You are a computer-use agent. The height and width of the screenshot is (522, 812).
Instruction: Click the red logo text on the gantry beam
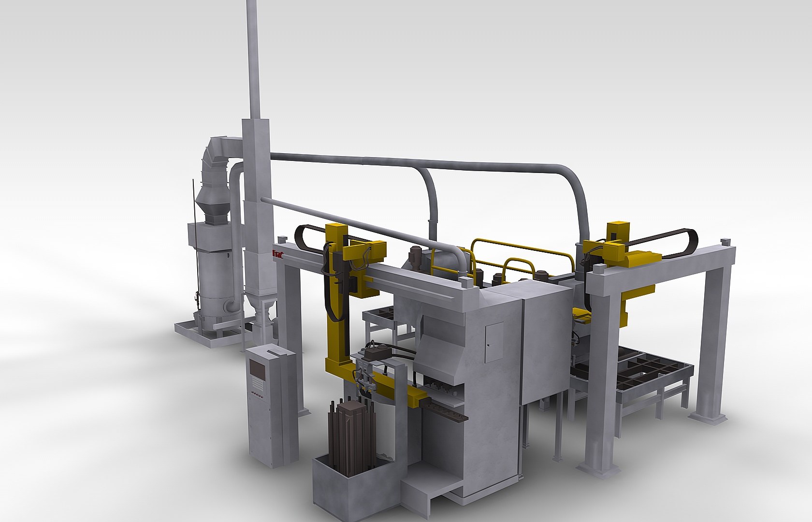(277, 253)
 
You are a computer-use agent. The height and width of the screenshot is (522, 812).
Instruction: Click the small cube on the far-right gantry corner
(724, 241)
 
